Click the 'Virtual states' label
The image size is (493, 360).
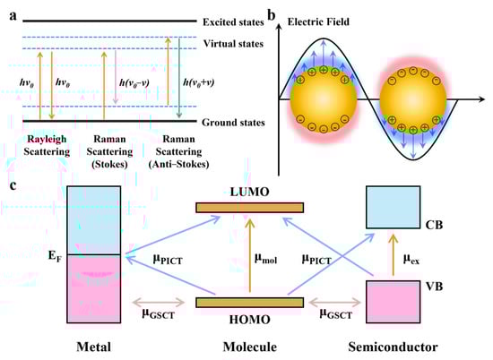point(229,42)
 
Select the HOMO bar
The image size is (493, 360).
point(249,302)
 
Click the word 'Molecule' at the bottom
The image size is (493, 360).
point(249,344)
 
